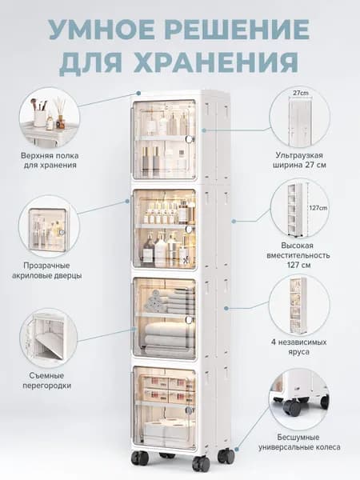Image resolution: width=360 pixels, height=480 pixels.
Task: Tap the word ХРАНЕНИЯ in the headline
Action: (216, 62)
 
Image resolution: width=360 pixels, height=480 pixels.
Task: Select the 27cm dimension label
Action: (301, 93)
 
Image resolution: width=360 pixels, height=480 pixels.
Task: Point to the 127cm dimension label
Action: (318, 208)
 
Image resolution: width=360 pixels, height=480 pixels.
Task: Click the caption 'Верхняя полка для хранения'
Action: (50, 160)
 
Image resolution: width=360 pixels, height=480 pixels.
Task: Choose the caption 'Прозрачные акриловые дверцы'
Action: (47, 270)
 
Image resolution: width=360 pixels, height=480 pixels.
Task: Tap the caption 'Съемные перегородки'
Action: (47, 380)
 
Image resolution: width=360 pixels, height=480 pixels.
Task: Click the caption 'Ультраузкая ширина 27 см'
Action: (299, 160)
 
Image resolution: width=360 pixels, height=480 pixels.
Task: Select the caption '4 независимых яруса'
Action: (298, 346)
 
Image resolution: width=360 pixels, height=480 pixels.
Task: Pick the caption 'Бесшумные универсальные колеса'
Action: (299, 442)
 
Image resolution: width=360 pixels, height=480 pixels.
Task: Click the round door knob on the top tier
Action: (190, 139)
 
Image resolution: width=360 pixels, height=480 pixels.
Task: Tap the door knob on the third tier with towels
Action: (189, 319)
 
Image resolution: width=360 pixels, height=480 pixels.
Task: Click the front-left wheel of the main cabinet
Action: (140, 458)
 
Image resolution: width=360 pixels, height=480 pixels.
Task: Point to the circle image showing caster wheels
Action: (299, 398)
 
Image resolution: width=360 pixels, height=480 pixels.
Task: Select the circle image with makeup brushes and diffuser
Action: (50, 118)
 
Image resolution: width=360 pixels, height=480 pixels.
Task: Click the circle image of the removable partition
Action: (49, 338)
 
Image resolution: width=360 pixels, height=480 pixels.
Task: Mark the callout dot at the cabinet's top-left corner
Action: (138, 93)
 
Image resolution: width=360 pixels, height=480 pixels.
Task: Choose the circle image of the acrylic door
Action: (49, 226)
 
